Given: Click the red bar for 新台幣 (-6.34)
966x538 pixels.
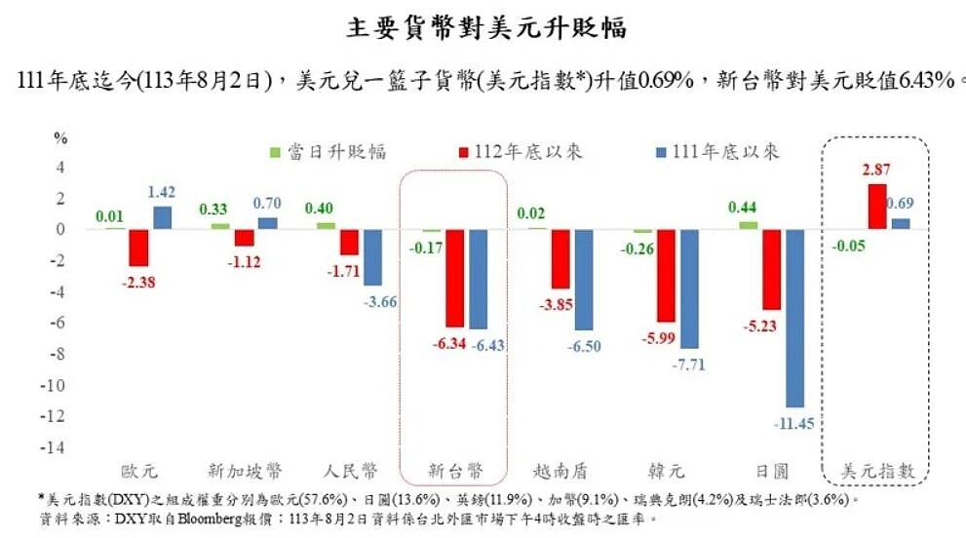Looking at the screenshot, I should point(454,278).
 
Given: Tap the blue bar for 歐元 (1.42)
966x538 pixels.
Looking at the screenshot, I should point(162,217).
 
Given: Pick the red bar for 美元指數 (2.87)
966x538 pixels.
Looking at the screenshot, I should point(877,207).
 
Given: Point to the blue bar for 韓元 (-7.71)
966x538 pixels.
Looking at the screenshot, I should point(690,288).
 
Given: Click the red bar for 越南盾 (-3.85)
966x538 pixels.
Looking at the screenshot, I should point(560,259).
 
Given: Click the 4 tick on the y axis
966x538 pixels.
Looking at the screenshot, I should point(59,167).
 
